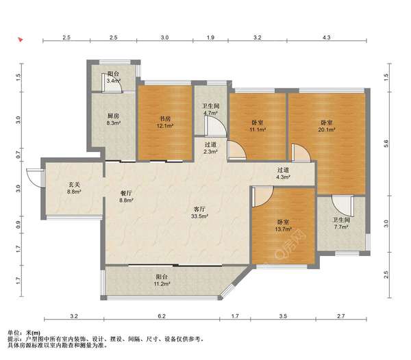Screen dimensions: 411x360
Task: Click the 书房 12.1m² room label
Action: click(165, 123)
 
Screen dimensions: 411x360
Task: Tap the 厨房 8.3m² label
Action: click(113, 119)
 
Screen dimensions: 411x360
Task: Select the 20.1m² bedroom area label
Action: click(327, 126)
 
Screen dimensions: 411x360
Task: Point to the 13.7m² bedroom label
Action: click(283, 225)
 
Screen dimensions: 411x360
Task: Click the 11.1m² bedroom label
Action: click(257, 126)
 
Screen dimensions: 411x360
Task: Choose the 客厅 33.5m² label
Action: click(199, 213)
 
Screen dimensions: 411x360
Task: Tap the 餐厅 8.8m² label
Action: click(126, 197)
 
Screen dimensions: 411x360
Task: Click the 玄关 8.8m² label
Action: click(74, 188)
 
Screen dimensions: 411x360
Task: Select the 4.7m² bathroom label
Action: click(210, 110)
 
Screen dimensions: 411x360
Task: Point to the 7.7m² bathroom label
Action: click(341, 223)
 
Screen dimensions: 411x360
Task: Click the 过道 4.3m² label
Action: click(283, 173)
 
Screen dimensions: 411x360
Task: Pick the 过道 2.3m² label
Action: click(210, 148)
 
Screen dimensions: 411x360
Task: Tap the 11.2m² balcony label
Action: click(162, 280)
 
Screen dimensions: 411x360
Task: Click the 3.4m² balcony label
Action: click(113, 77)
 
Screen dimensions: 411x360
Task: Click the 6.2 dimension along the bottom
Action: click(162, 316)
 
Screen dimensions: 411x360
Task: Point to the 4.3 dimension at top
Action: click(326, 38)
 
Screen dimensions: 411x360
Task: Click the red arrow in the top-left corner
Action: click(20, 40)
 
